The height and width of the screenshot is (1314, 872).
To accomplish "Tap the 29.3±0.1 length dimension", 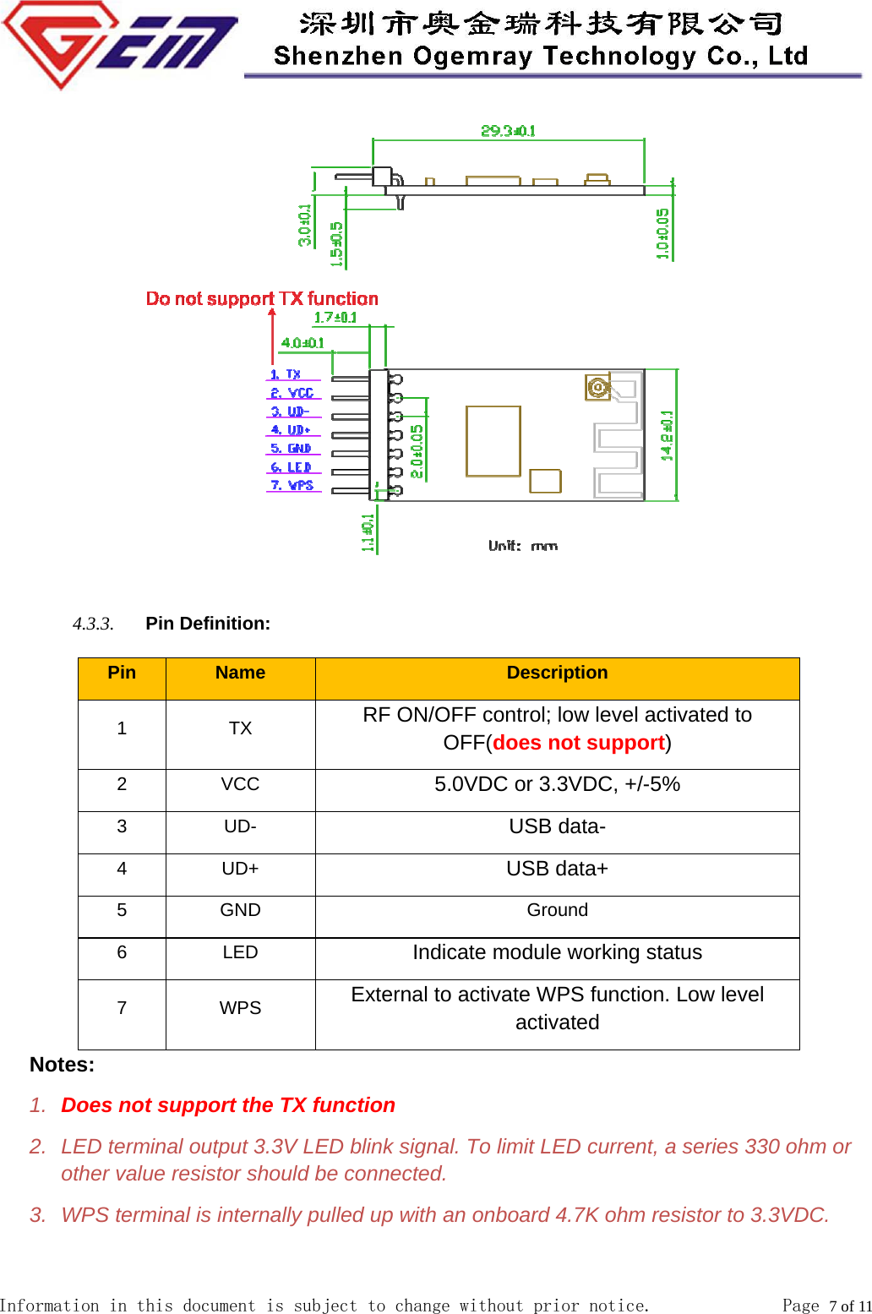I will coord(508,130).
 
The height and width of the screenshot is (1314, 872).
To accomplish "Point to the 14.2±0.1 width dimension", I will coord(667,436).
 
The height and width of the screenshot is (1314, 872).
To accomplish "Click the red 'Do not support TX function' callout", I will coord(262,298).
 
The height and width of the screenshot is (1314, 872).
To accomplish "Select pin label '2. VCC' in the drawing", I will coord(292,393).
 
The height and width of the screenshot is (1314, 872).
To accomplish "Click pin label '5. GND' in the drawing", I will coord(292,449).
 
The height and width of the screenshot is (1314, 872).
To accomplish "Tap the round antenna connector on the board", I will coord(597,388).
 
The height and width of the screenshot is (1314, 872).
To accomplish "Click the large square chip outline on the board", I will coord(493,441).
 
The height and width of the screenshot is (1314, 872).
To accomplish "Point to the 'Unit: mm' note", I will coord(523,546).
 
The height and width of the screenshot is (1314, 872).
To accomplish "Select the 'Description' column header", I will coord(557,673).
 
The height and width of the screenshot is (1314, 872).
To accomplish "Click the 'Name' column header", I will coord(240,673).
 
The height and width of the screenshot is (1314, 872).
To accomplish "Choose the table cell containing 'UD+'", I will coord(240,869).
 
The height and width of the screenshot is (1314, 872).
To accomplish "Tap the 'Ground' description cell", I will coord(557,910).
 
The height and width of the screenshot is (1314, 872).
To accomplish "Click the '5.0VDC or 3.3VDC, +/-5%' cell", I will coord(557,784).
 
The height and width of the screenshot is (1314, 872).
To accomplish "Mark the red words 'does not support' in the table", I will coord(579,743).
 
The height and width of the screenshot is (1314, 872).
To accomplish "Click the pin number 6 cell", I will coord(122,952).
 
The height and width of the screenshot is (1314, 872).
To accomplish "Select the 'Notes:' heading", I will coord(62,1065).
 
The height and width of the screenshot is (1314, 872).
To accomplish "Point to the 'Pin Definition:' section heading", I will coord(208,624).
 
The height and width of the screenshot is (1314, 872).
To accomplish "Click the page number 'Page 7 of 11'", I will coord(826,1306).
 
